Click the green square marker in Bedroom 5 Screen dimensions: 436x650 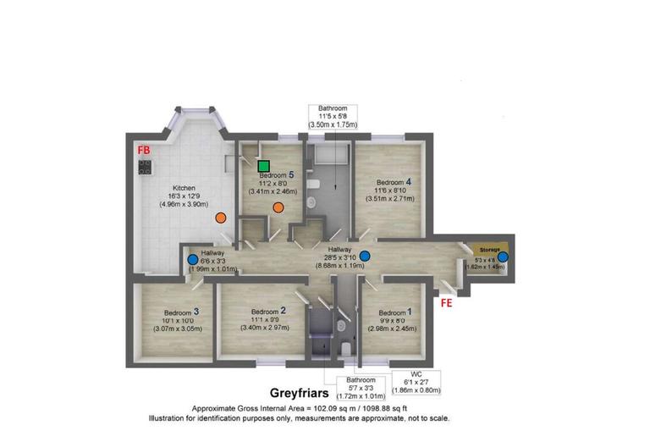(x=264, y=166)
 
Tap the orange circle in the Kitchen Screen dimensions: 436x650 (x=220, y=218)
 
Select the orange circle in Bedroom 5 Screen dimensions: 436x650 (x=278, y=208)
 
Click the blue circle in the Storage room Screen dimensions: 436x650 (x=503, y=257)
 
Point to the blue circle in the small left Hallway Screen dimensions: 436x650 (x=193, y=260)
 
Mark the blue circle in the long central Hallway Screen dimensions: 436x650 (x=365, y=256)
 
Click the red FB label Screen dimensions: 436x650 (x=145, y=149)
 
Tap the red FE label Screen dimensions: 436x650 (x=446, y=301)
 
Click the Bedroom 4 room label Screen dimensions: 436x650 (x=394, y=182)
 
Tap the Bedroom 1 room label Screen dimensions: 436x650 (x=394, y=312)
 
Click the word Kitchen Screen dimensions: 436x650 (x=185, y=188)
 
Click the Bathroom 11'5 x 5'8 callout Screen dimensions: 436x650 (x=333, y=116)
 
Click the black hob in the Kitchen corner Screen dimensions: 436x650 (x=144, y=167)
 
